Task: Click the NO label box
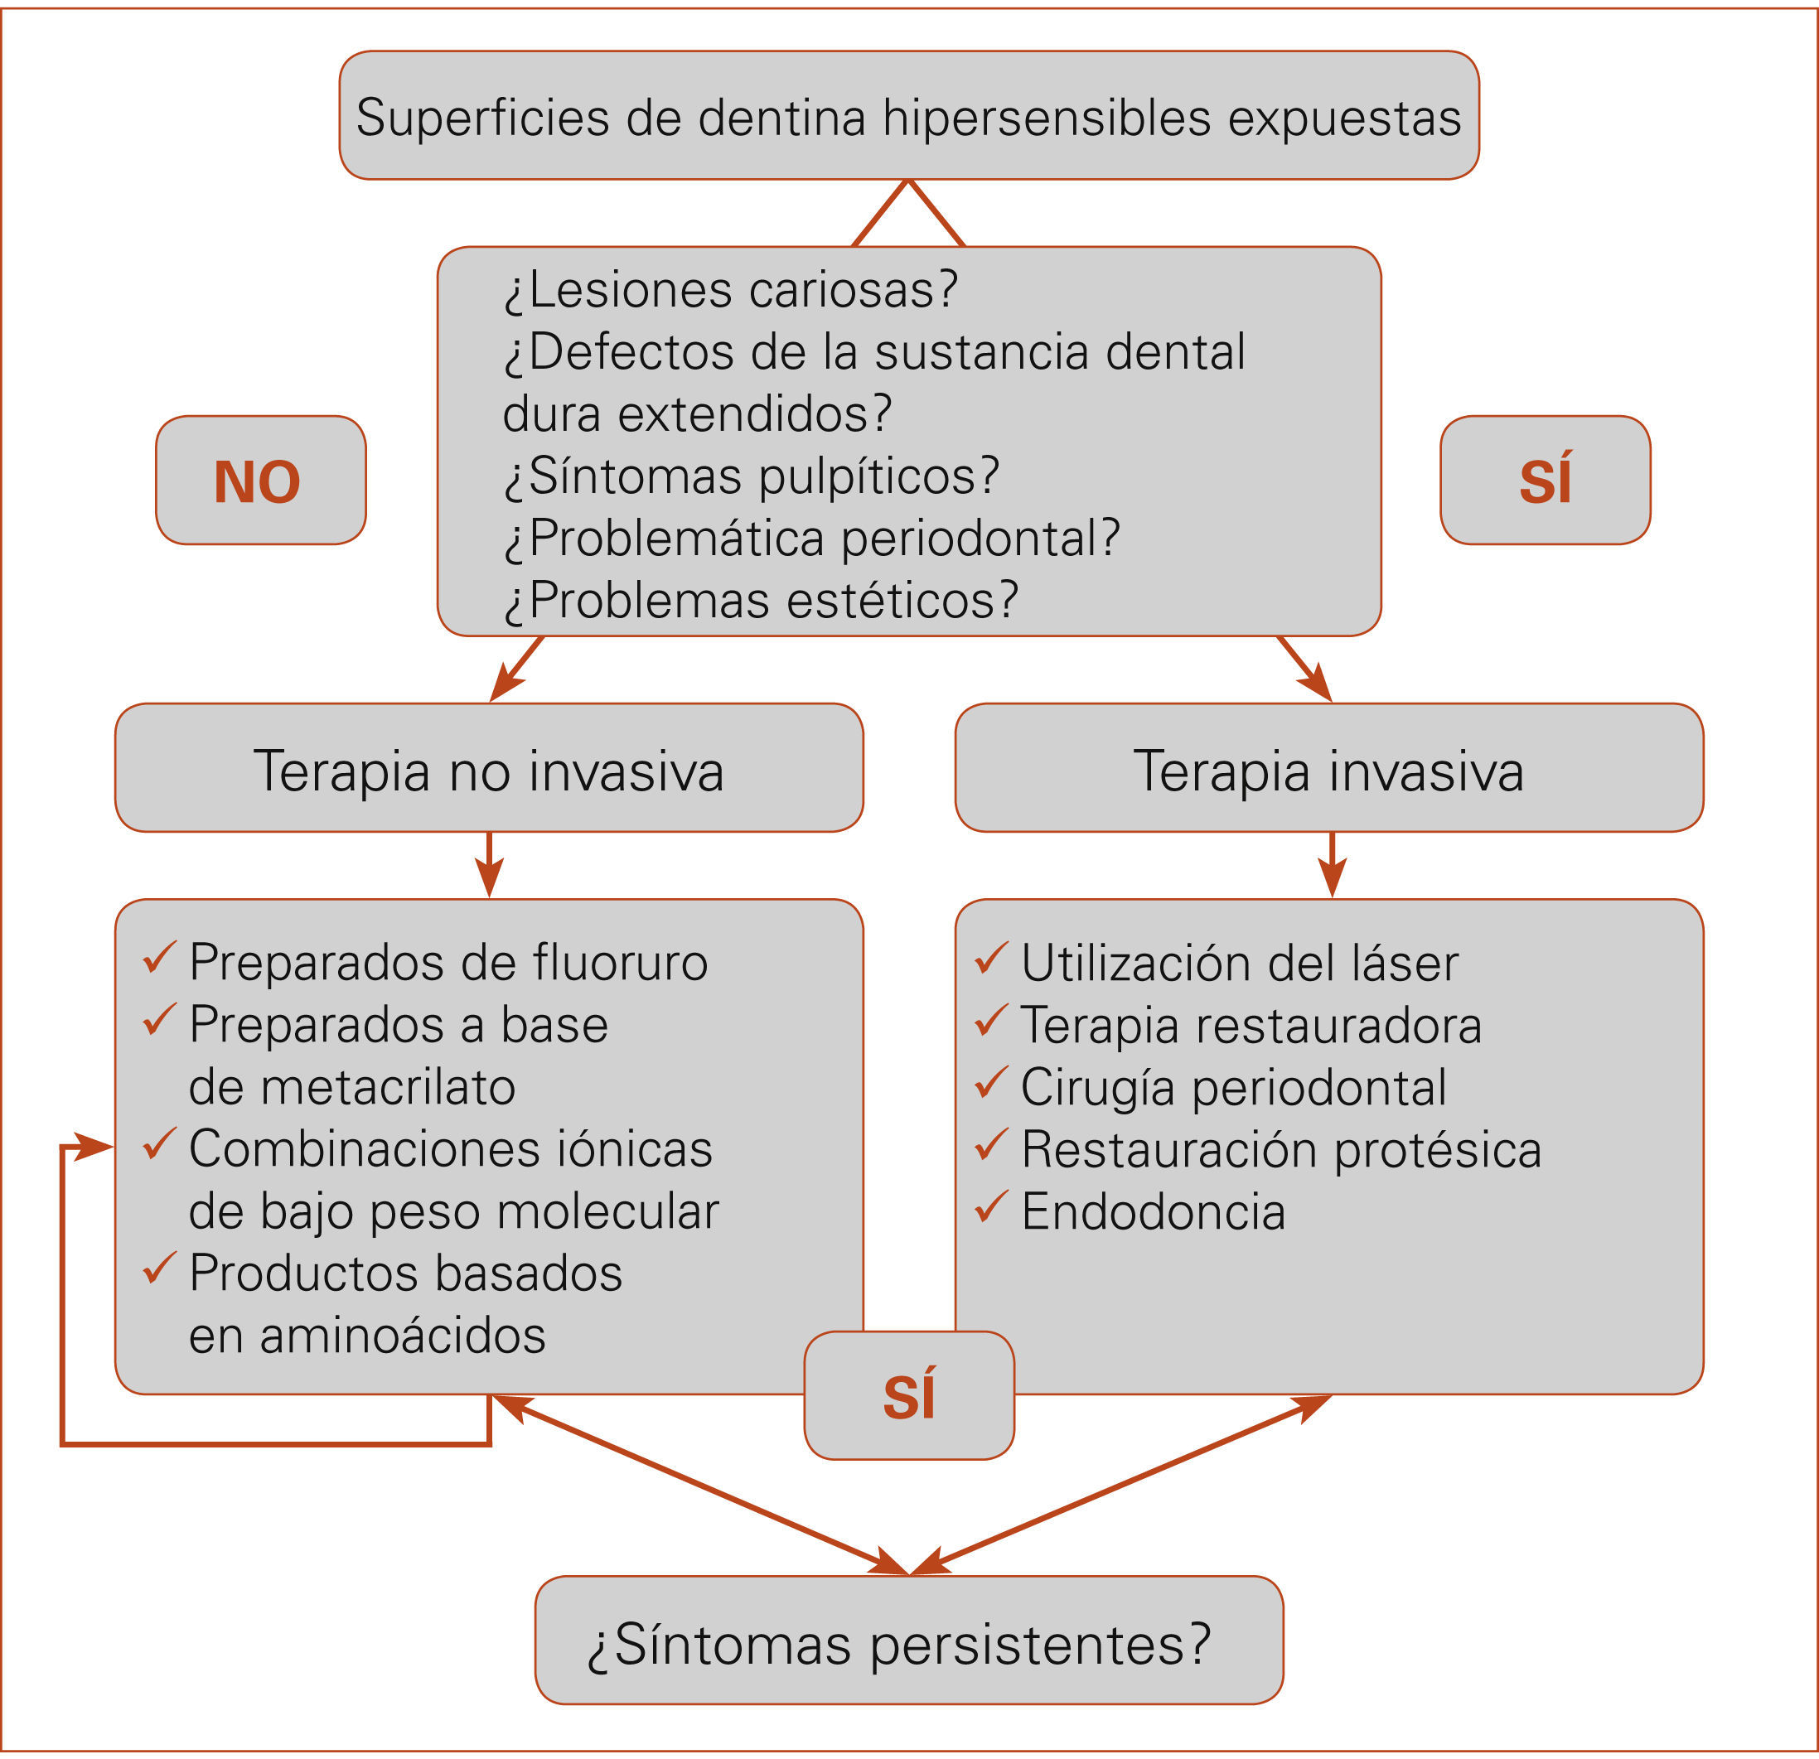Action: (x=260, y=481)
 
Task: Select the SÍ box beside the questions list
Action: (x=1545, y=481)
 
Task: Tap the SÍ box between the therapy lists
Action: (x=908, y=1395)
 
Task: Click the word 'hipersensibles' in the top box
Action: (x=1047, y=118)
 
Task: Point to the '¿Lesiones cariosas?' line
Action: (x=731, y=289)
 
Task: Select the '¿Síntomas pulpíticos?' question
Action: (x=752, y=476)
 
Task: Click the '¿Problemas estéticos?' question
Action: (x=761, y=600)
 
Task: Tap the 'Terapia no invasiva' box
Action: (x=488, y=770)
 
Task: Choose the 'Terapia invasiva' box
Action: (x=1328, y=770)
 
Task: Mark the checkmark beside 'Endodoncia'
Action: (x=991, y=1206)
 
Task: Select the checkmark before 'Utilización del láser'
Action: (x=991, y=958)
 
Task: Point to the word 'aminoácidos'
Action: (x=402, y=1336)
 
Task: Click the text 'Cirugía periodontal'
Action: (x=1233, y=1087)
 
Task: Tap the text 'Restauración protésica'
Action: (x=1280, y=1149)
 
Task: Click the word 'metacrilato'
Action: (x=388, y=1087)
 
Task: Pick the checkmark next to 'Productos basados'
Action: (x=160, y=1268)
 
